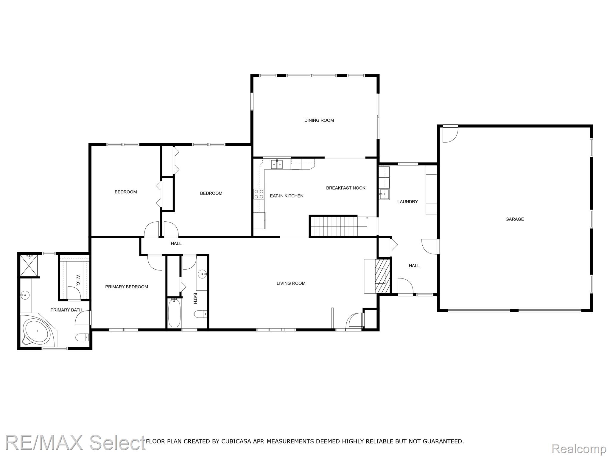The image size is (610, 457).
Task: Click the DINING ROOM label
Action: point(319,120)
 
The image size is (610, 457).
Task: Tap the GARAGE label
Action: point(514,219)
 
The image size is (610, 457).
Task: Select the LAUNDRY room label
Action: point(407,202)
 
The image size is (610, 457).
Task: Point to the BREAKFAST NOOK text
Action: point(346,188)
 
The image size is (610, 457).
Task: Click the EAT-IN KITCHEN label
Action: point(287,196)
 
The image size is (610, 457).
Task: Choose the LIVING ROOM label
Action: point(291,283)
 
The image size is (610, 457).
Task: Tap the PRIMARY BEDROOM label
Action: point(127,287)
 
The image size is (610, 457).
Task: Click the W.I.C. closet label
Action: point(78,280)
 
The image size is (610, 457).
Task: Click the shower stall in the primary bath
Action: point(29,265)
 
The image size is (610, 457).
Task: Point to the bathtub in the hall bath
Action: point(174,313)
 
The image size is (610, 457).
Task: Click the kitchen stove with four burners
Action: point(259,194)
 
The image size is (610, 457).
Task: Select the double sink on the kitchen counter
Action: point(277,164)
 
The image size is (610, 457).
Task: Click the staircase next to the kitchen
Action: point(334,226)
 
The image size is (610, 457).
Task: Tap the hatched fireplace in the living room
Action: point(382,276)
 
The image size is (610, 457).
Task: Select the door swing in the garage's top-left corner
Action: point(450,134)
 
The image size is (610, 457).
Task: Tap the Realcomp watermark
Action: point(579,449)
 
